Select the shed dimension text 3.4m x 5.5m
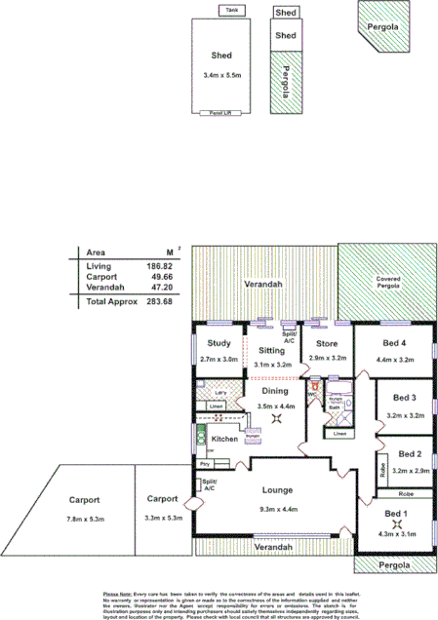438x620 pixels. pyautogui.click(x=228, y=74)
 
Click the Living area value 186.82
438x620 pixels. pyautogui.click(x=158, y=266)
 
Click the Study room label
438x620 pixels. pyautogui.click(x=219, y=342)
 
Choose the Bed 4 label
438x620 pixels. pyautogui.click(x=394, y=343)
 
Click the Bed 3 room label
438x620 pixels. pyautogui.click(x=405, y=398)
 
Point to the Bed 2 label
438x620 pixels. pyautogui.click(x=409, y=454)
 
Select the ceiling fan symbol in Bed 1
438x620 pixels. pyautogui.click(x=395, y=523)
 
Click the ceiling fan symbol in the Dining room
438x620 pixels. pyautogui.click(x=277, y=418)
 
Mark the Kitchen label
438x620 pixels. pyautogui.click(x=225, y=440)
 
